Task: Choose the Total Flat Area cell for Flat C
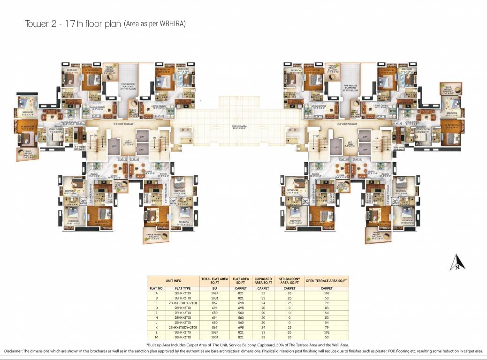pyautogui.click(x=214, y=303)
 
